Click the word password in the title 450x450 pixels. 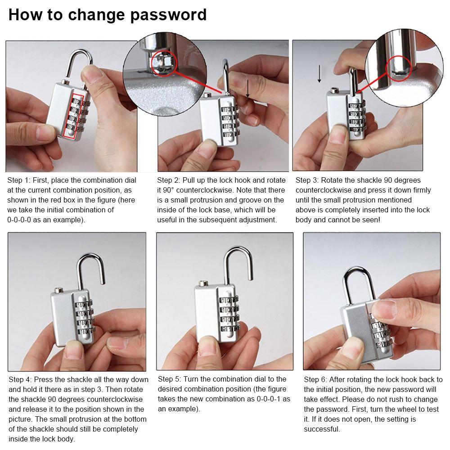tap(168, 15)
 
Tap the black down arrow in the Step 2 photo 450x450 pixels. tap(247, 90)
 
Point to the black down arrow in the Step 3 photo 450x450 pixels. tap(319, 73)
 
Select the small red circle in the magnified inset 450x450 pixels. tap(161, 61)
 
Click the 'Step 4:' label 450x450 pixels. tap(20, 379)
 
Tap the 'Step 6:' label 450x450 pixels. tap(315, 379)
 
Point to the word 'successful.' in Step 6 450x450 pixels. tap(322, 429)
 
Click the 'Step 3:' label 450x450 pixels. tap(307, 180)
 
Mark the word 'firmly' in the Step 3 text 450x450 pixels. tap(420, 190)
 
